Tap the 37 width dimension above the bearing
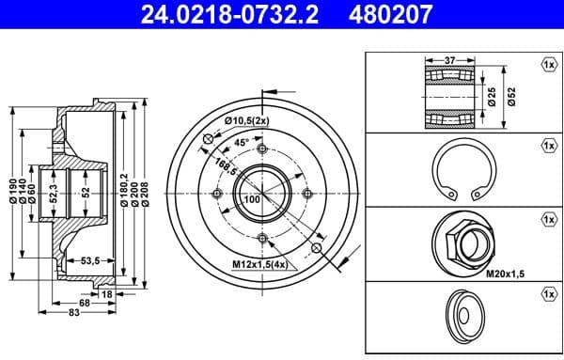tap(448, 60)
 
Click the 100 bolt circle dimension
tap(252, 200)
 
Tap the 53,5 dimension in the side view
tap(91, 259)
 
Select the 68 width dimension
tap(86, 304)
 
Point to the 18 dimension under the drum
tap(106, 294)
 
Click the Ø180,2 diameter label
tap(124, 193)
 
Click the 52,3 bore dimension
tap(54, 195)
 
